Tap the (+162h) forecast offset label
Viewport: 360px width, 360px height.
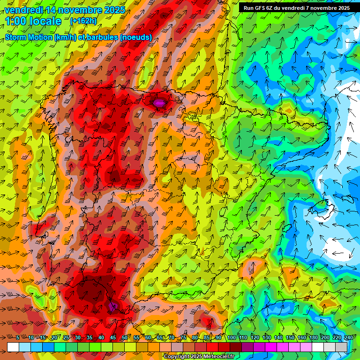[83, 21]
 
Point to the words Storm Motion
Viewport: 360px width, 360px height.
[28, 37]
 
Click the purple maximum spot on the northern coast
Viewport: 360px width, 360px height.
[159, 102]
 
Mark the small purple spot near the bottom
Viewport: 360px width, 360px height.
[112, 306]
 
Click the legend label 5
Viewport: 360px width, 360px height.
[18, 338]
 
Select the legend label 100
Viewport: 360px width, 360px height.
[231, 338]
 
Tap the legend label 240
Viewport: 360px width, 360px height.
[348, 338]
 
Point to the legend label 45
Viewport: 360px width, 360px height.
[113, 338]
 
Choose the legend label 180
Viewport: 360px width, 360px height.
[313, 338]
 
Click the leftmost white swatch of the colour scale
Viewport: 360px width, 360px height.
[13, 347]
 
